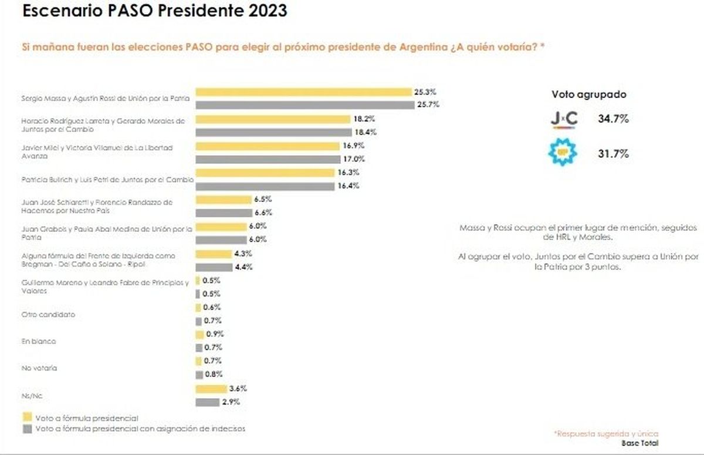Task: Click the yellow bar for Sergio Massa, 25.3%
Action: pos(303,92)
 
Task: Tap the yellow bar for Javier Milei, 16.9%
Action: pos(268,146)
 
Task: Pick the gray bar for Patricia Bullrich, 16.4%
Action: pos(265,186)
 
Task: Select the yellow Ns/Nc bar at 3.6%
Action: pos(211,389)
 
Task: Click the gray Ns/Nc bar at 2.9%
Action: pos(208,402)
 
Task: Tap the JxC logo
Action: pos(564,119)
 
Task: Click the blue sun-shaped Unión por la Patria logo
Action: pos(563,154)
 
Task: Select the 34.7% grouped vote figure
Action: pos(613,119)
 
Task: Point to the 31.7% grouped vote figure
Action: pos(613,154)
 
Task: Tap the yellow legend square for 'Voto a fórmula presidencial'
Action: pos(27,418)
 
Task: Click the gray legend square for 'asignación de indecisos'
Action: pos(27,429)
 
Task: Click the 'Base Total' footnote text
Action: pos(639,443)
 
